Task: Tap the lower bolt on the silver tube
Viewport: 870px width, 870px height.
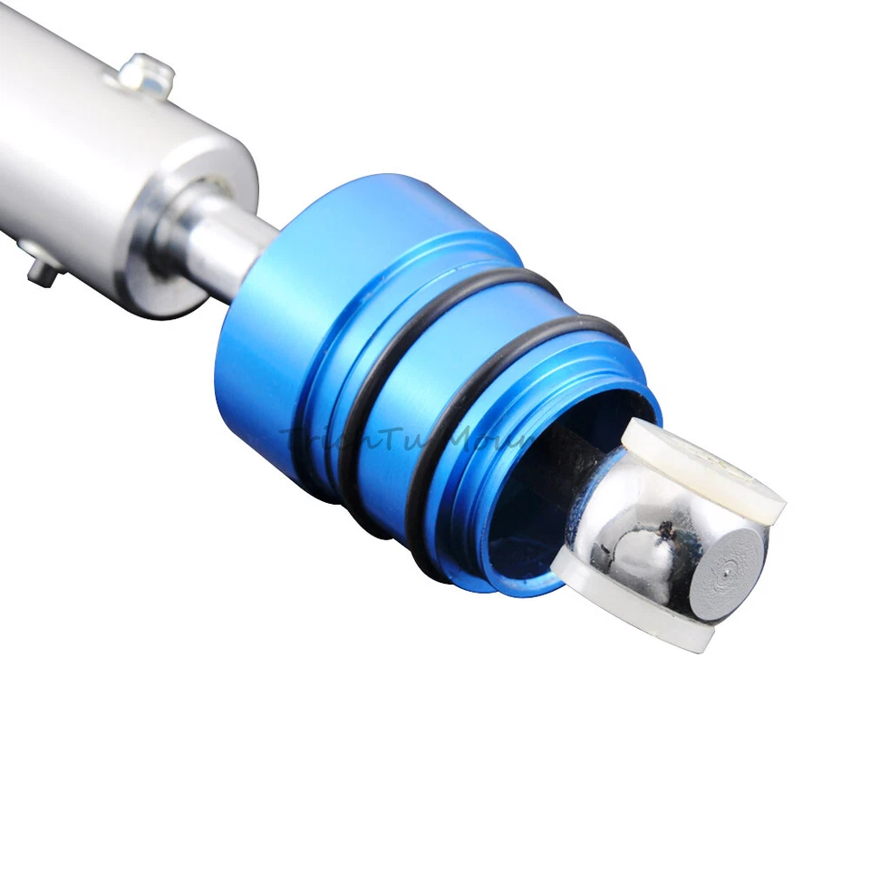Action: [41, 265]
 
